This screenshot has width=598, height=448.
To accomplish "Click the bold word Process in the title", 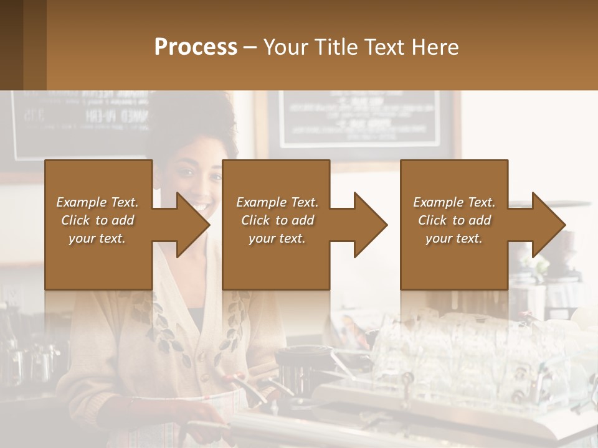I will [196, 47].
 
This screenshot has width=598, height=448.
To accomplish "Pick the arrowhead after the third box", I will [548, 225].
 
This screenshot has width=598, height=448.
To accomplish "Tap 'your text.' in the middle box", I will [277, 238].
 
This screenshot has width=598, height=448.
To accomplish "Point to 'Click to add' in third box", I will [454, 220].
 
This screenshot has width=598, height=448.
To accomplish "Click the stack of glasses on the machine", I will [448, 348].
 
